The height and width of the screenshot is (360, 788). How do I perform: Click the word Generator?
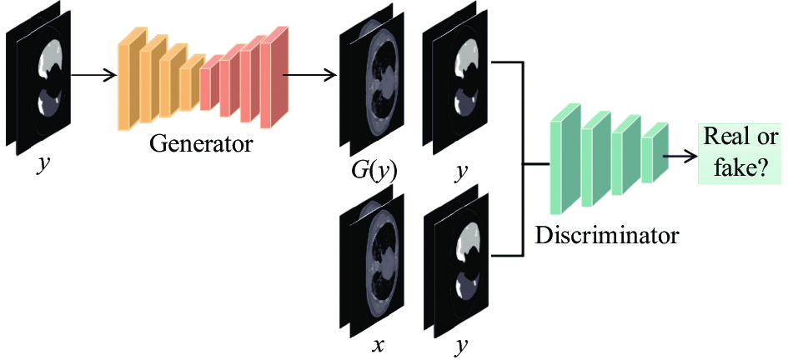point(200,144)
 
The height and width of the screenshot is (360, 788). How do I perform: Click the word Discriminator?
point(606,235)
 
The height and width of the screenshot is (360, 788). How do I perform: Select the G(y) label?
point(374,172)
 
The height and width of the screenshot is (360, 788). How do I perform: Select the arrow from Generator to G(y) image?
point(311,76)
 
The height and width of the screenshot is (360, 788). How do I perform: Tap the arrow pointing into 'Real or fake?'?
point(682,156)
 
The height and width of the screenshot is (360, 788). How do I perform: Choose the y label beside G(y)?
point(459,172)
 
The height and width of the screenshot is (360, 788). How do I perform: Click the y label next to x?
point(459,346)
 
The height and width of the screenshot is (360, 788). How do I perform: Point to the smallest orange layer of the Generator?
point(192,82)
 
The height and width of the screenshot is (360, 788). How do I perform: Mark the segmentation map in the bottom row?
point(457,261)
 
